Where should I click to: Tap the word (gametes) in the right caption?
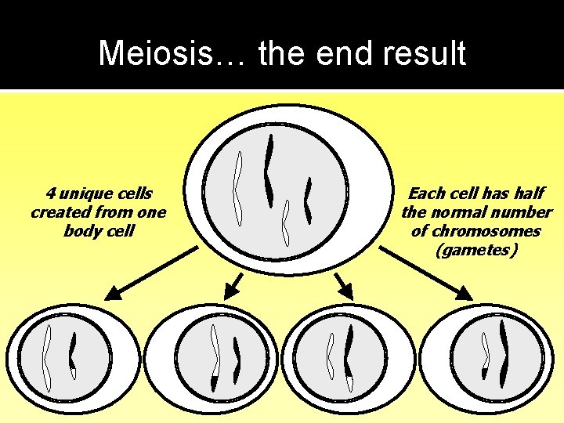pyautogui.click(x=476, y=250)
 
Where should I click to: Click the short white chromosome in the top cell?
pyautogui.click(x=287, y=223)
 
